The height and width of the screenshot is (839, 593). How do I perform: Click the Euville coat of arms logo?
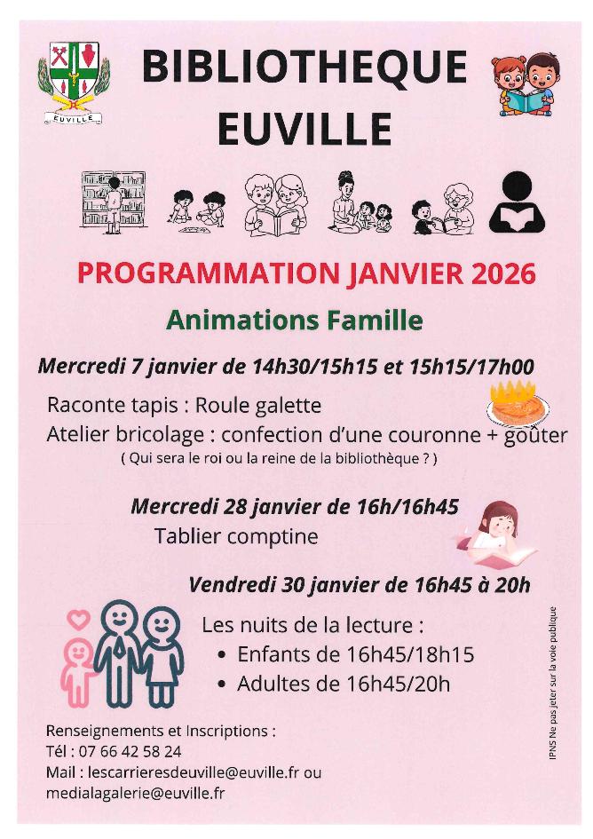click(74, 83)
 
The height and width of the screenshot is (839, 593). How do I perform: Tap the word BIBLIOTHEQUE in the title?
click(304, 68)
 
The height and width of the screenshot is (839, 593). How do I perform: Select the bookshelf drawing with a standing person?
click(113, 202)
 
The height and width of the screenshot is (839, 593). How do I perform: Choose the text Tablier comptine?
click(236, 537)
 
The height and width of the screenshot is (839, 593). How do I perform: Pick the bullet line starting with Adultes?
click(344, 684)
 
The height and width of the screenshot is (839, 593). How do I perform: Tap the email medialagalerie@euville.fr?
click(136, 792)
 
